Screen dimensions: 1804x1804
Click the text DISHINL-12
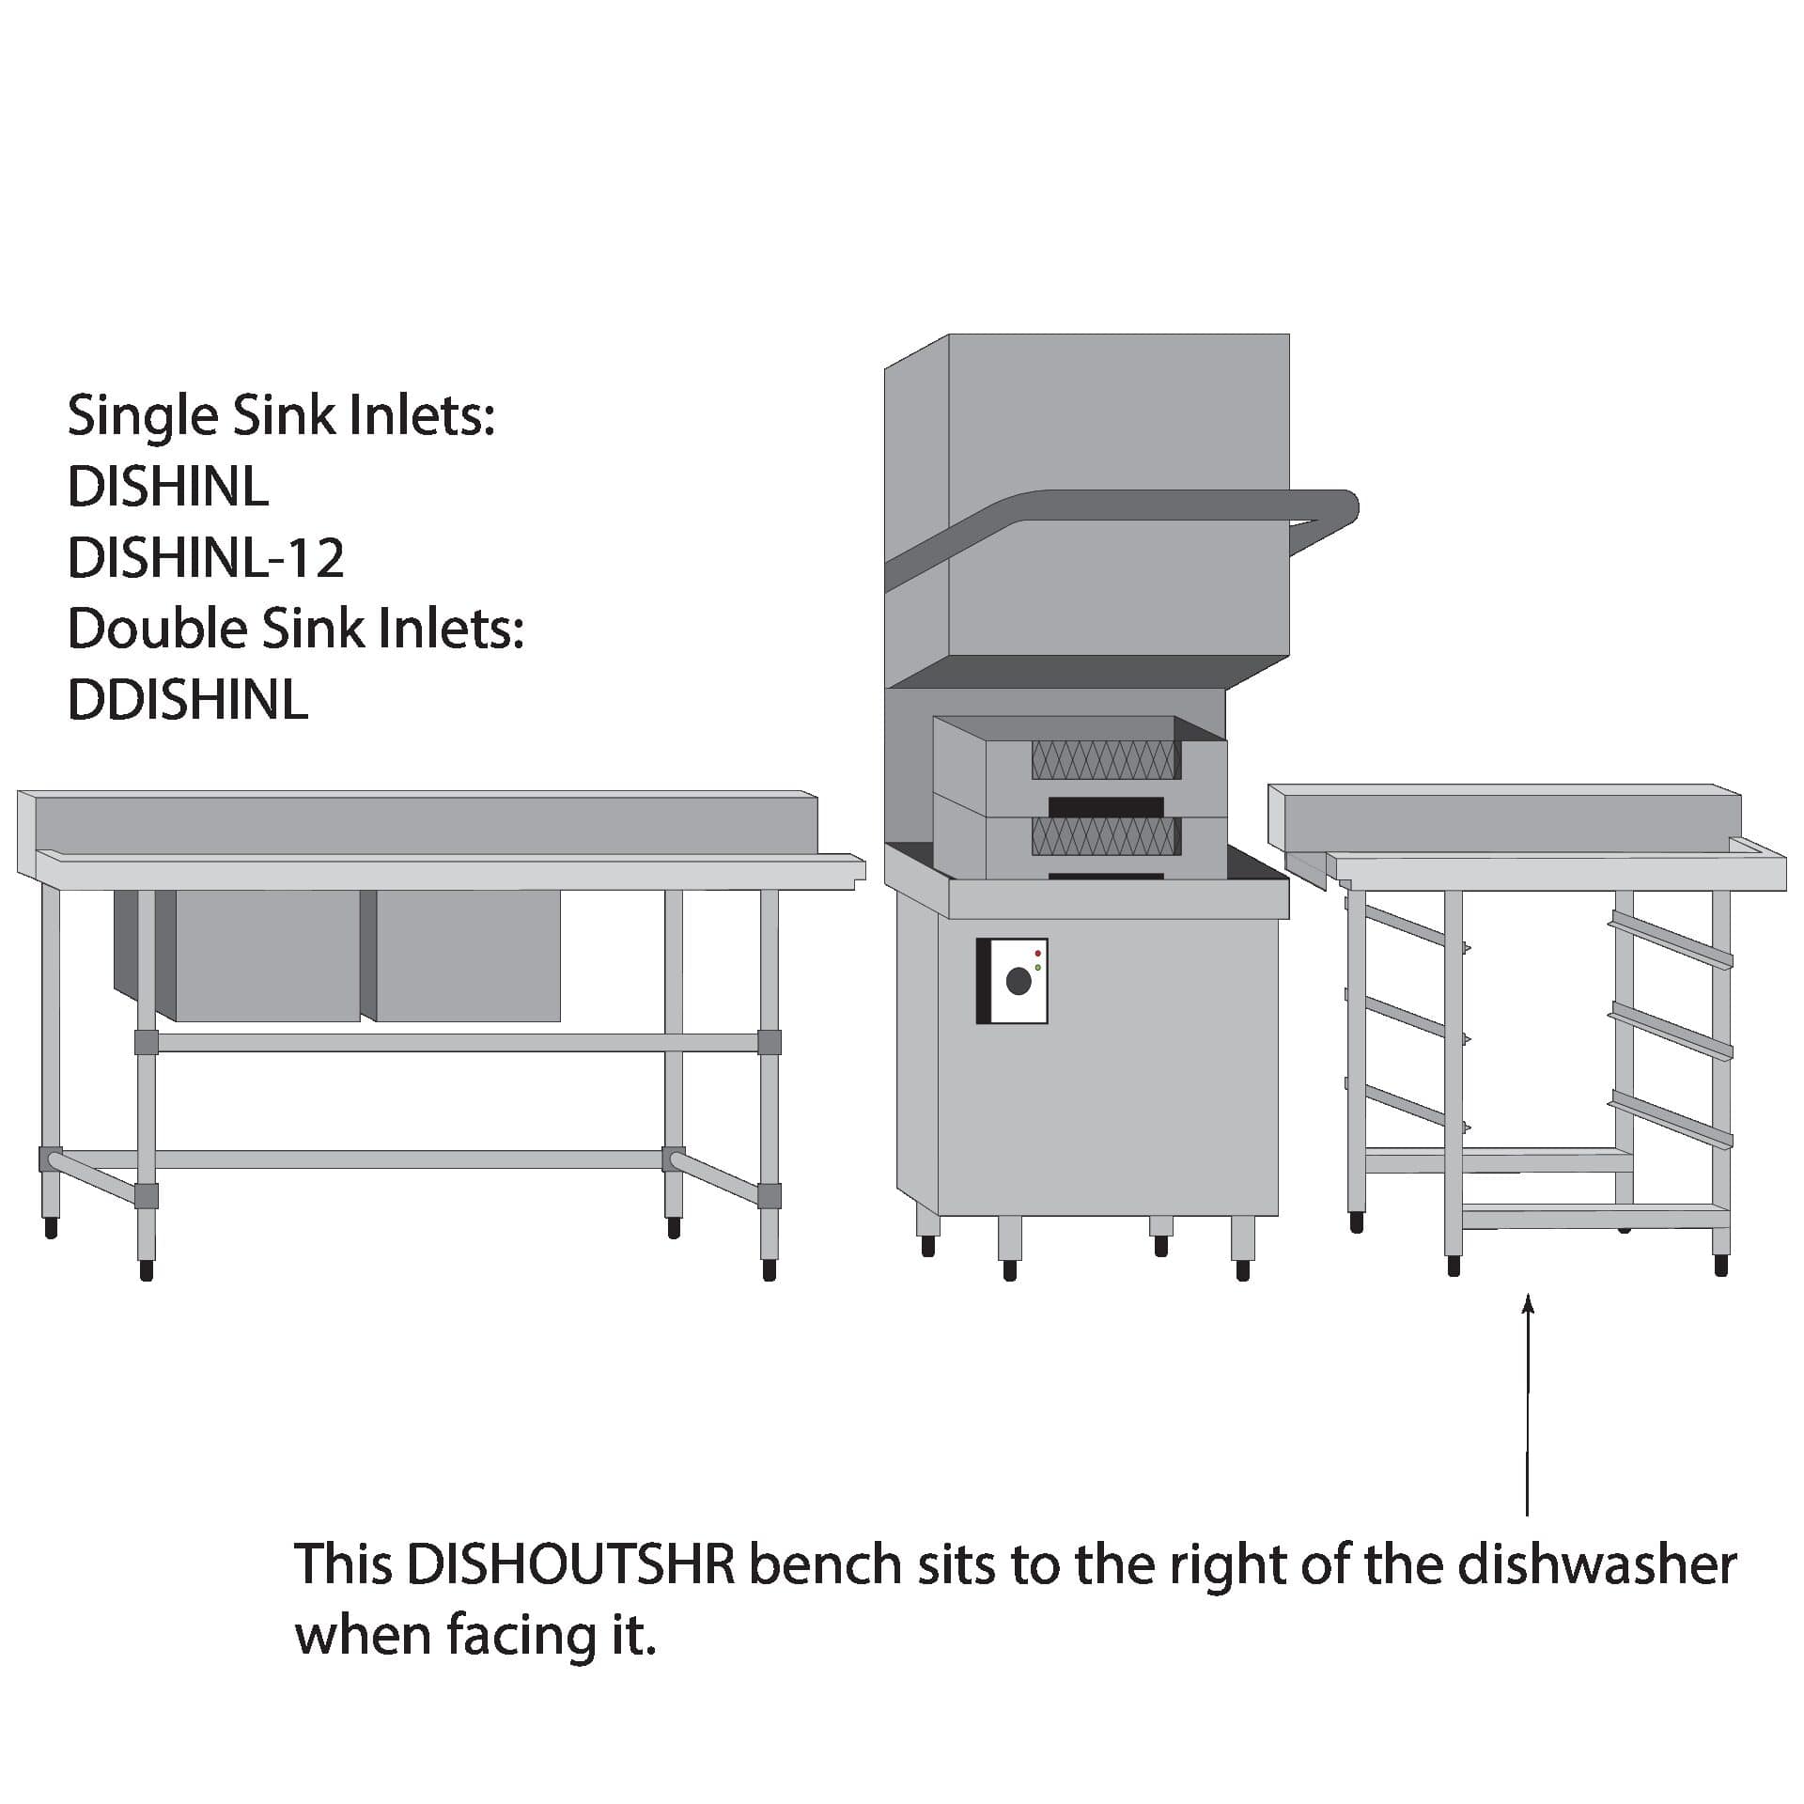click(206, 557)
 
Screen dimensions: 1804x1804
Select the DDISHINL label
click(188, 700)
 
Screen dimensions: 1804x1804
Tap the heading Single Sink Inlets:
click(281, 415)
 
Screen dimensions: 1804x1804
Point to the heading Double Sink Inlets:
click(295, 629)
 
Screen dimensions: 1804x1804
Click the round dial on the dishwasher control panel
click(1018, 982)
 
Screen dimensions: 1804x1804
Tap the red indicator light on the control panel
click(1037, 953)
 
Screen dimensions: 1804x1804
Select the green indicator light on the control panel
click(1037, 966)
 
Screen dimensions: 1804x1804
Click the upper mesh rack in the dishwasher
click(1106, 759)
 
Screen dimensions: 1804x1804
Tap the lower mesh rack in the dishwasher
click(1106, 835)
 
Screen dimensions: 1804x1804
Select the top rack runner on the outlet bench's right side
click(1671, 940)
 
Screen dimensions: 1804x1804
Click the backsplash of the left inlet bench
click(423, 824)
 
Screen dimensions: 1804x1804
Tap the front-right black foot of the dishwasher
click(1243, 1270)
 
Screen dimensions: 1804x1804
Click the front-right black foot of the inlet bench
click(770, 1269)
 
